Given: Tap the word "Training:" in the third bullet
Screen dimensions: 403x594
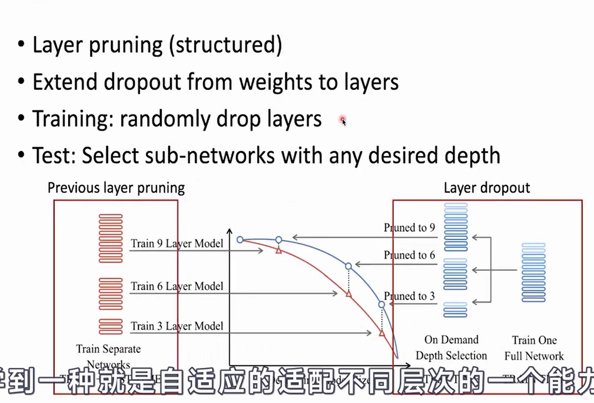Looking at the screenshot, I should click(72, 119).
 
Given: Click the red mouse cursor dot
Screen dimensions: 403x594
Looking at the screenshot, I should click(342, 120).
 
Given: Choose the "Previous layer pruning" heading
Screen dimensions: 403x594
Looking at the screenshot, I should click(116, 188).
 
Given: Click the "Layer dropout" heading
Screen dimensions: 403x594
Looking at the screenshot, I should click(487, 188).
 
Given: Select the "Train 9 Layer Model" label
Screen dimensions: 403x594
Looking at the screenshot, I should click(177, 243).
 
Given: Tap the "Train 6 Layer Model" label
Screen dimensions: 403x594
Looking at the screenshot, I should click(177, 287).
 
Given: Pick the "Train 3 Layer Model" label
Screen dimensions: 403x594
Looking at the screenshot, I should click(177, 326).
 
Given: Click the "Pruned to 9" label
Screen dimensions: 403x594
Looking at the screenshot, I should click(409, 227).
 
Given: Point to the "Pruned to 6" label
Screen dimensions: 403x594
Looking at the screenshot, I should click(409, 255).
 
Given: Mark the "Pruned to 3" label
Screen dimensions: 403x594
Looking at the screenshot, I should click(409, 296).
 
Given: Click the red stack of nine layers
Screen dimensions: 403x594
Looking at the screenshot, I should click(111, 238).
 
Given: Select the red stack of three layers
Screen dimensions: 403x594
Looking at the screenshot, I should click(111, 326).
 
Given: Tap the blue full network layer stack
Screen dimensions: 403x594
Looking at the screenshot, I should click(533, 272).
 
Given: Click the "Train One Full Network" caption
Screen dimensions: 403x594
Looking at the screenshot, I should click(534, 348).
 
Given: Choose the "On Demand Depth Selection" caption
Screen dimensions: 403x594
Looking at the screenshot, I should click(451, 348).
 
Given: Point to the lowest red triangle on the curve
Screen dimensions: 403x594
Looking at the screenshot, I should click(382, 333).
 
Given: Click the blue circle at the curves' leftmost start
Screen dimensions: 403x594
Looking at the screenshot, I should click(240, 239).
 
